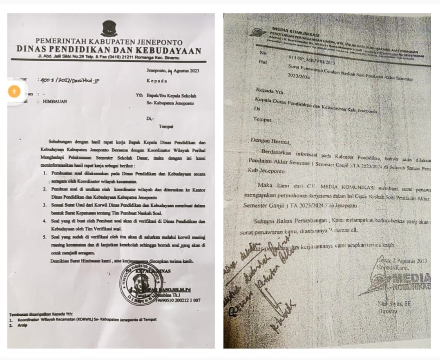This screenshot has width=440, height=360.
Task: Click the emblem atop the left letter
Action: pyautogui.click(x=109, y=29)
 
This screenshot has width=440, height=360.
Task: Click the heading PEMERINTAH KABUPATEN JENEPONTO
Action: pyautogui.click(x=109, y=42)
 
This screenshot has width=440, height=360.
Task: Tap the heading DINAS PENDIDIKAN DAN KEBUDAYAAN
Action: pyautogui.click(x=109, y=51)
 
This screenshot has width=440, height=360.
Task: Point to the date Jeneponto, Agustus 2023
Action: pyautogui.click(x=173, y=71)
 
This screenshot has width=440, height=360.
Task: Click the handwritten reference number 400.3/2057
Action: pyautogui.click(x=69, y=80)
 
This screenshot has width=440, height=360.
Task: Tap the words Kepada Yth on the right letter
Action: pyautogui.click(x=269, y=89)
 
